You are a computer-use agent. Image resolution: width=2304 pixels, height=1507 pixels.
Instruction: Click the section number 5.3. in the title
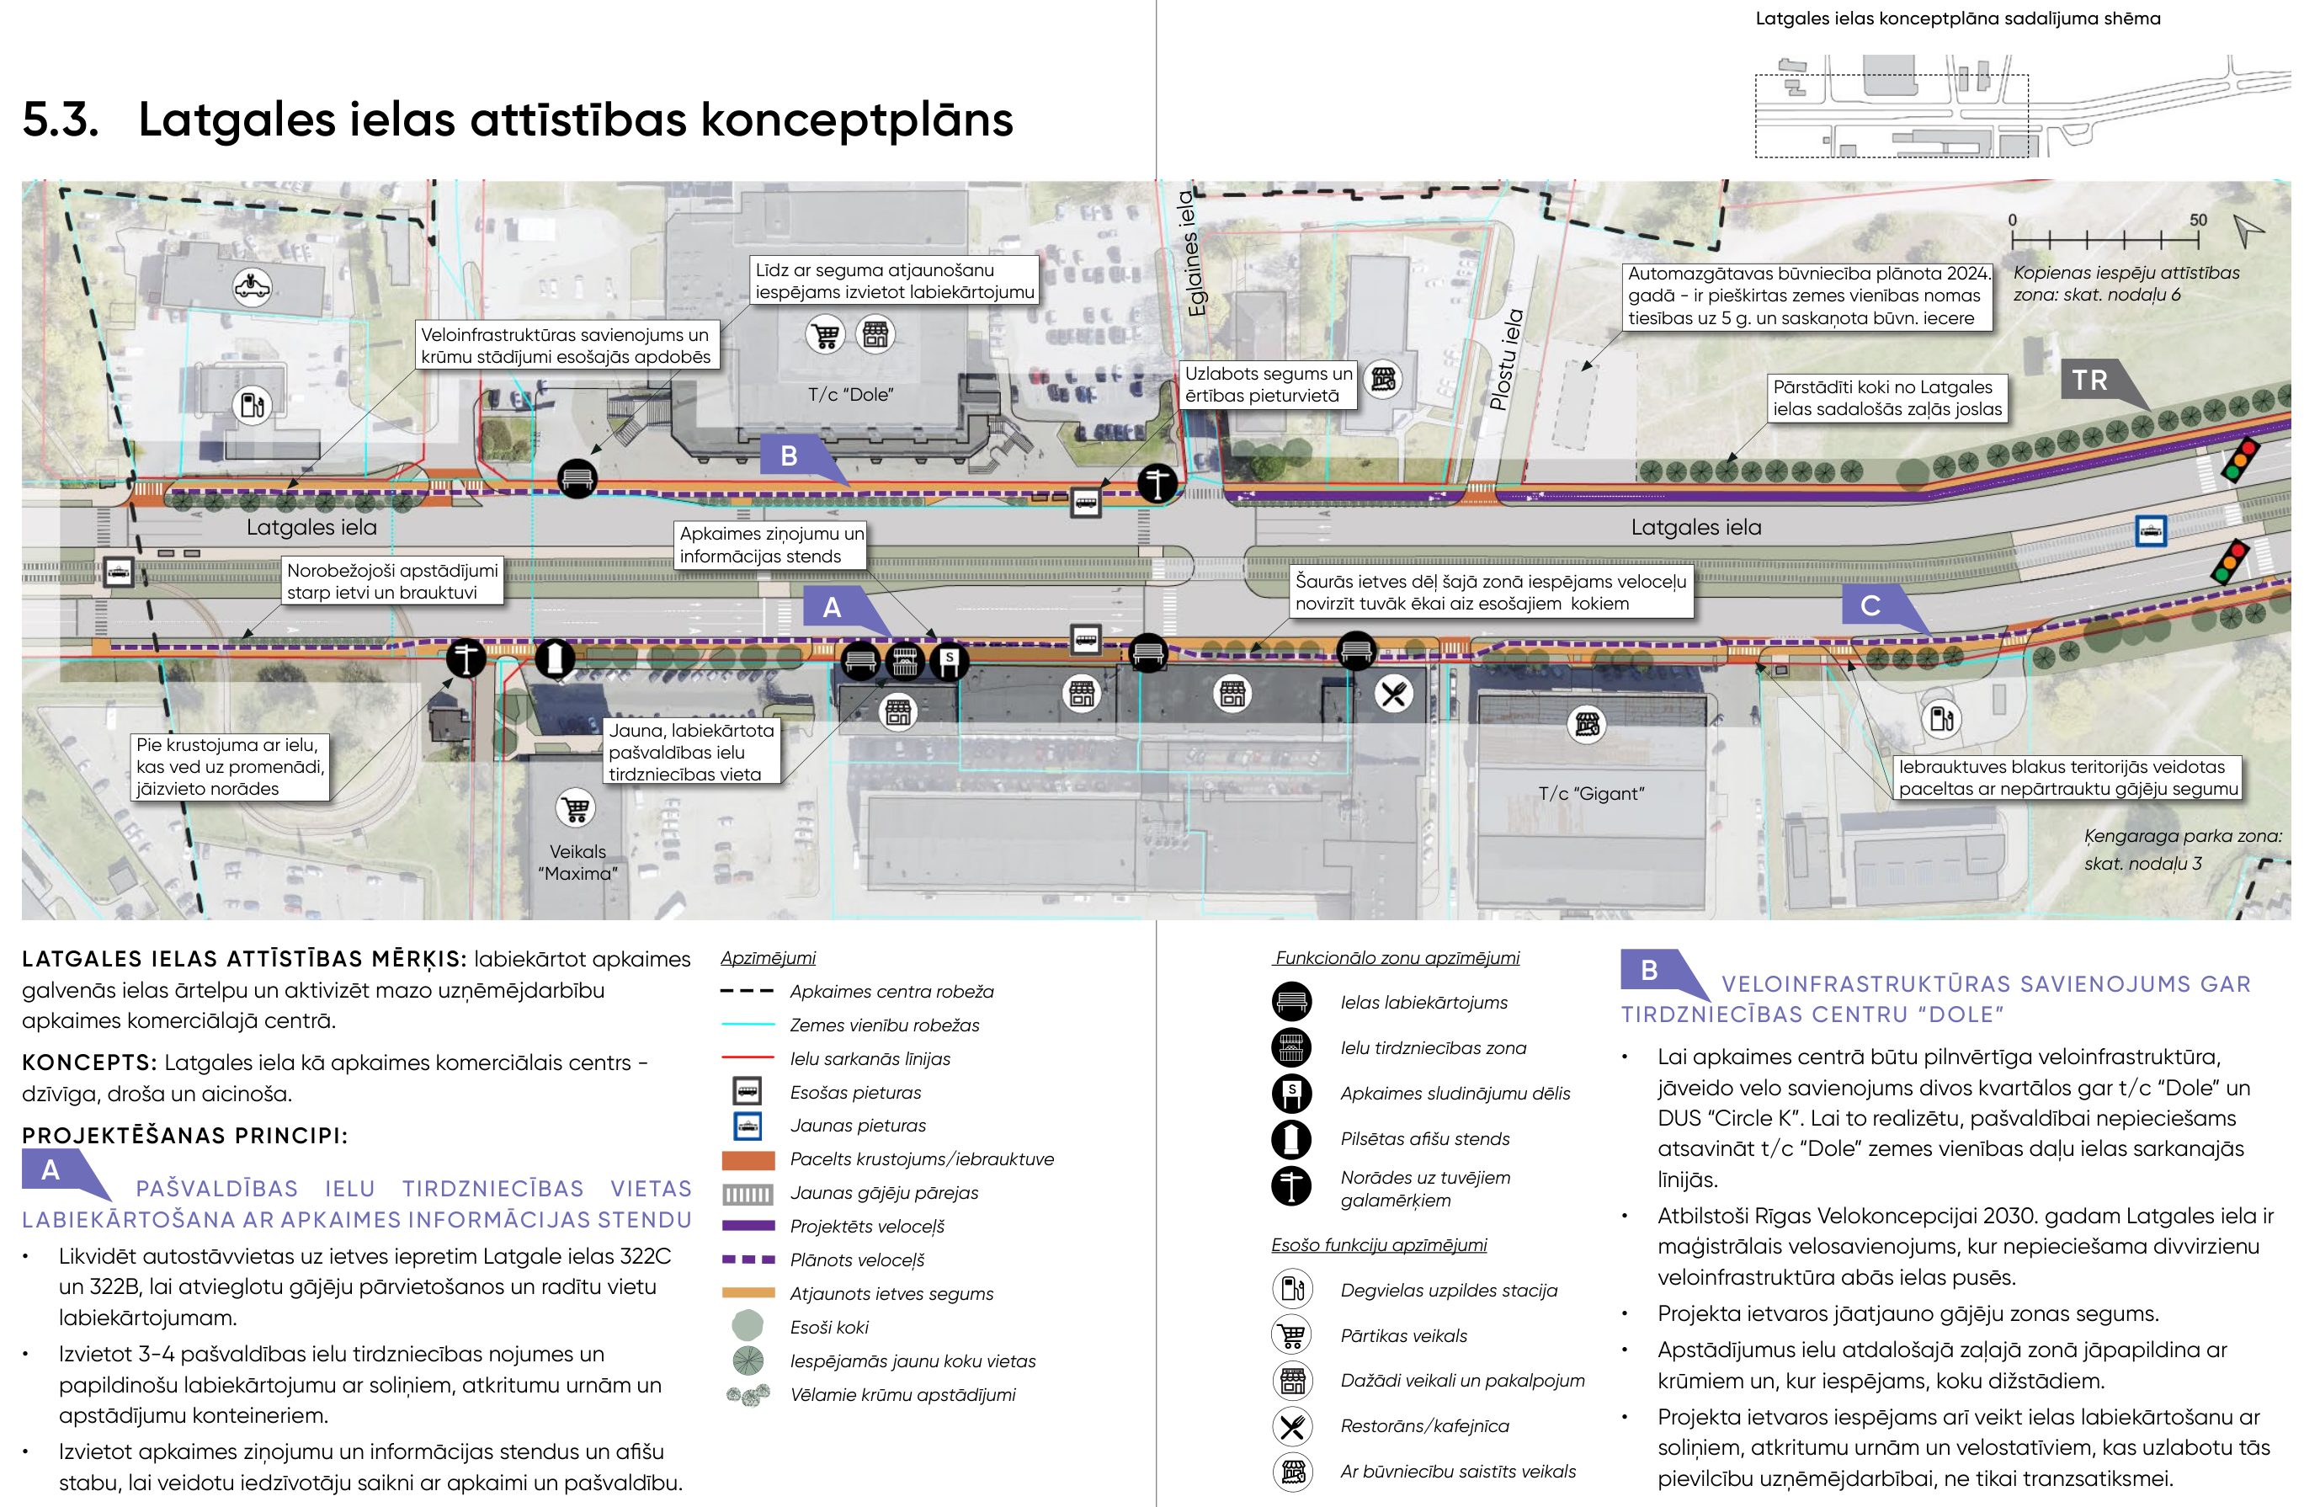coord(60,120)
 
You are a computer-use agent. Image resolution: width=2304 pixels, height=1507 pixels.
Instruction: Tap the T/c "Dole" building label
coord(850,395)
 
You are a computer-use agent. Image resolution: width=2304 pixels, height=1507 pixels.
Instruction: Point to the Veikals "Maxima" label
coord(578,862)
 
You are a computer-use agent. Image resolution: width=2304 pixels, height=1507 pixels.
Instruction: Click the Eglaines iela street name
coord(1195,253)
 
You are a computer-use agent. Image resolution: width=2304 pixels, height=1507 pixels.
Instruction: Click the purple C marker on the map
coord(1871,607)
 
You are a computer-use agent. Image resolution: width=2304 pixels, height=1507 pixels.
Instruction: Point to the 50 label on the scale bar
coord(2199,220)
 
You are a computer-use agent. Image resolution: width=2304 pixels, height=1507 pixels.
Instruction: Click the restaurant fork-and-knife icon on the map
coord(1394,694)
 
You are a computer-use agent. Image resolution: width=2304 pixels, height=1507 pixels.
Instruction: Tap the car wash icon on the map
coord(253,286)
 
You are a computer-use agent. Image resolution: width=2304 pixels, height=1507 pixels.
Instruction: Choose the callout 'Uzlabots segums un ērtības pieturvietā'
coord(1268,384)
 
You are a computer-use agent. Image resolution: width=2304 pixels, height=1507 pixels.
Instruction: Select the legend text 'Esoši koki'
coord(828,1327)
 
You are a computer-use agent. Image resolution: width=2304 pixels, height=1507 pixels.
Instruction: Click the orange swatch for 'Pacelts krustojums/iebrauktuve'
coord(748,1159)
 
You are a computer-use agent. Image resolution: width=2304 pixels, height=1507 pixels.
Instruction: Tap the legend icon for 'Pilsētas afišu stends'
coord(1291,1139)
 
